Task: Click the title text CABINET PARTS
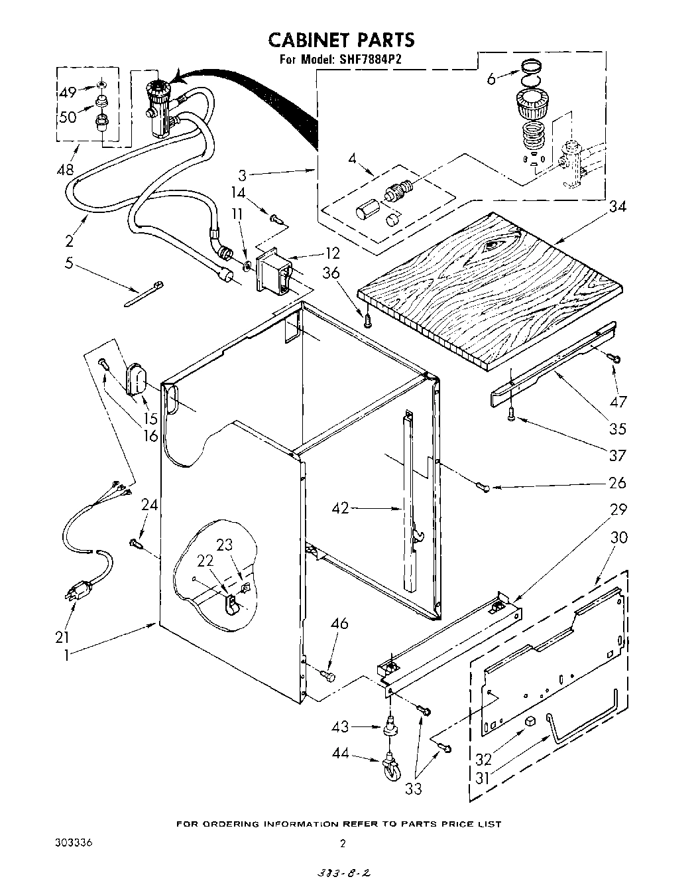[341, 40]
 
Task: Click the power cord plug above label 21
[78, 590]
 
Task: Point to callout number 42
[340, 509]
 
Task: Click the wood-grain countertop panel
[491, 285]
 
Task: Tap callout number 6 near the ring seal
[491, 78]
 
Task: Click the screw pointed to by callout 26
[483, 488]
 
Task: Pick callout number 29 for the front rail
[617, 510]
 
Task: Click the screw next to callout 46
[327, 675]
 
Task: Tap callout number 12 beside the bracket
[332, 252]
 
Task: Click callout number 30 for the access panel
[617, 537]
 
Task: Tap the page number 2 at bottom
[343, 844]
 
